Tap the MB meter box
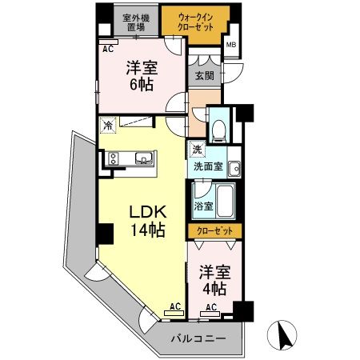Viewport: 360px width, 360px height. pos(231,46)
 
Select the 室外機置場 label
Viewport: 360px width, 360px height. pos(134,21)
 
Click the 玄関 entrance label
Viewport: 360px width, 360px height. pos(205,77)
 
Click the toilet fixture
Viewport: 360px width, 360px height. pos(218,128)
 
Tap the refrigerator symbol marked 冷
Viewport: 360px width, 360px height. pos(108,125)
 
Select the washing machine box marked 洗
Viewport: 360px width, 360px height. pos(197,150)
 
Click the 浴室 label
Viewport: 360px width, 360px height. pos(203,206)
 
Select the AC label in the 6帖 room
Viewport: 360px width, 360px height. pos(106,48)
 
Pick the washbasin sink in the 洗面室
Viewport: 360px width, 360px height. pos(234,169)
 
